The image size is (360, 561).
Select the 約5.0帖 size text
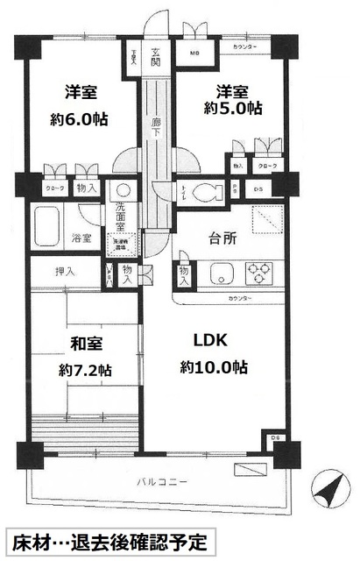click(233, 110)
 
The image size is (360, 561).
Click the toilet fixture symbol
click(207, 193)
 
